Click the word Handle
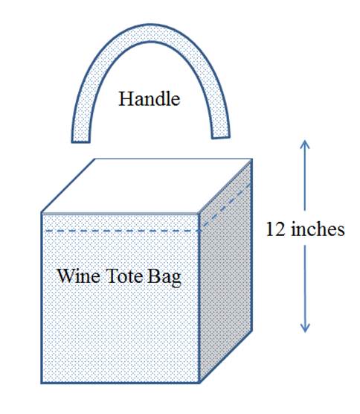[150, 99]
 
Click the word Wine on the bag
[79, 276]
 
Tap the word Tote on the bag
[123, 276]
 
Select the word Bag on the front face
[164, 278]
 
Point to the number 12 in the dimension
[275, 229]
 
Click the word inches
[318, 229]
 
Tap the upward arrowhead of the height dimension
[305, 144]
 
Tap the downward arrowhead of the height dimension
[305, 328]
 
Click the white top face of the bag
[147, 185]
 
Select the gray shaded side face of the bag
[226, 272]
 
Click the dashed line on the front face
[122, 231]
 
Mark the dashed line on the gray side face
[226, 207]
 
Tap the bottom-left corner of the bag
[42, 383]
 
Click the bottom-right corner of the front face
[199, 383]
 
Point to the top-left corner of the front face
[42, 214]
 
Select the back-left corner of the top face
[95, 159]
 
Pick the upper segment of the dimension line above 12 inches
[305, 175]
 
